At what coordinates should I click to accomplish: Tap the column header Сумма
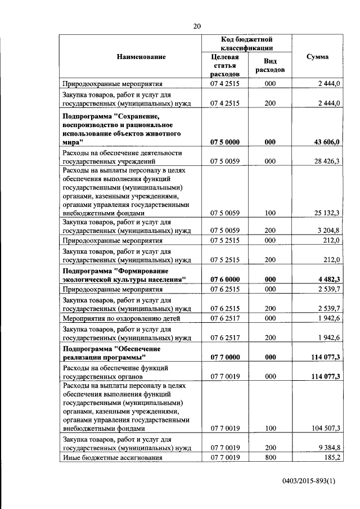pyautogui.click(x=317, y=57)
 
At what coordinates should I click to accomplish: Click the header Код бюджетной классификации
pyautogui.click(x=246, y=44)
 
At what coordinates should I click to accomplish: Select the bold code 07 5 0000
pyautogui.click(x=225, y=142)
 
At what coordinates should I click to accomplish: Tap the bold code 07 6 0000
pyautogui.click(x=225, y=279)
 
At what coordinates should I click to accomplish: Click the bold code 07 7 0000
pyautogui.click(x=225, y=357)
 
